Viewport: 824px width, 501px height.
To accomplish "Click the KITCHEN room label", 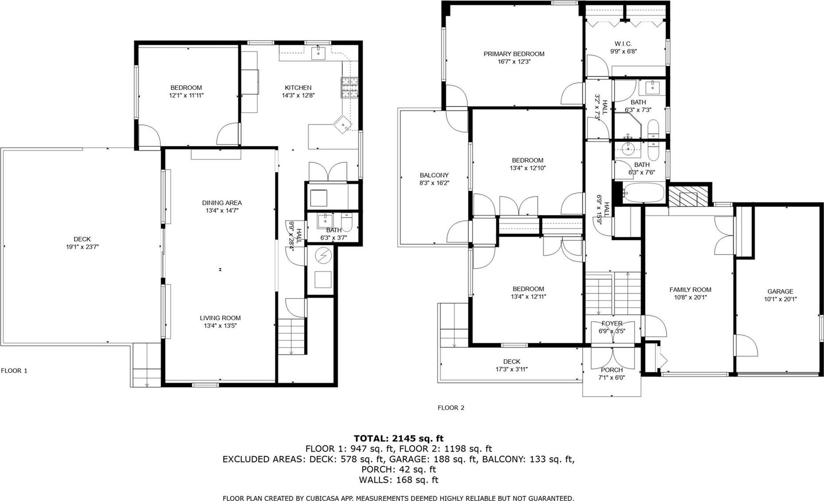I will tap(298, 88).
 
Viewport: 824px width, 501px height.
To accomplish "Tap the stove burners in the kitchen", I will tap(349, 87).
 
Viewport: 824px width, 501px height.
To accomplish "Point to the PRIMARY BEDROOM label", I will tap(514, 54).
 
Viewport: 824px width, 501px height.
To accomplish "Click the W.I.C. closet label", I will tap(623, 44).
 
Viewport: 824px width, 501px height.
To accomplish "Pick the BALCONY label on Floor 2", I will tap(434, 175).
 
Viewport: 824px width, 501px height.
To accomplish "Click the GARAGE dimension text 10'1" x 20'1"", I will tap(780, 299).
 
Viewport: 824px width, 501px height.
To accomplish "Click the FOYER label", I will tap(612, 324).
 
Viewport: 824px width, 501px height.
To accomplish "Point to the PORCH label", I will tap(611, 370).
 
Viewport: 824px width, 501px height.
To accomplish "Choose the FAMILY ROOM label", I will tap(690, 290).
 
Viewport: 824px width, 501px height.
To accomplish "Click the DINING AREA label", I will tap(222, 203).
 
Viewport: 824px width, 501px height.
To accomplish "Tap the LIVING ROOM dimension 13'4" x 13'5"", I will tap(220, 326).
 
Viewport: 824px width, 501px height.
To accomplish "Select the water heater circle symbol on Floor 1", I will tap(323, 256).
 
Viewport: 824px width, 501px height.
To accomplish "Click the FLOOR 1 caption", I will tap(14, 371).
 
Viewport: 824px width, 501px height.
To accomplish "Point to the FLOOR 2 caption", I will tap(451, 408).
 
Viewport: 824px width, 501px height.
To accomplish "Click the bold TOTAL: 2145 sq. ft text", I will tap(398, 438).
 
